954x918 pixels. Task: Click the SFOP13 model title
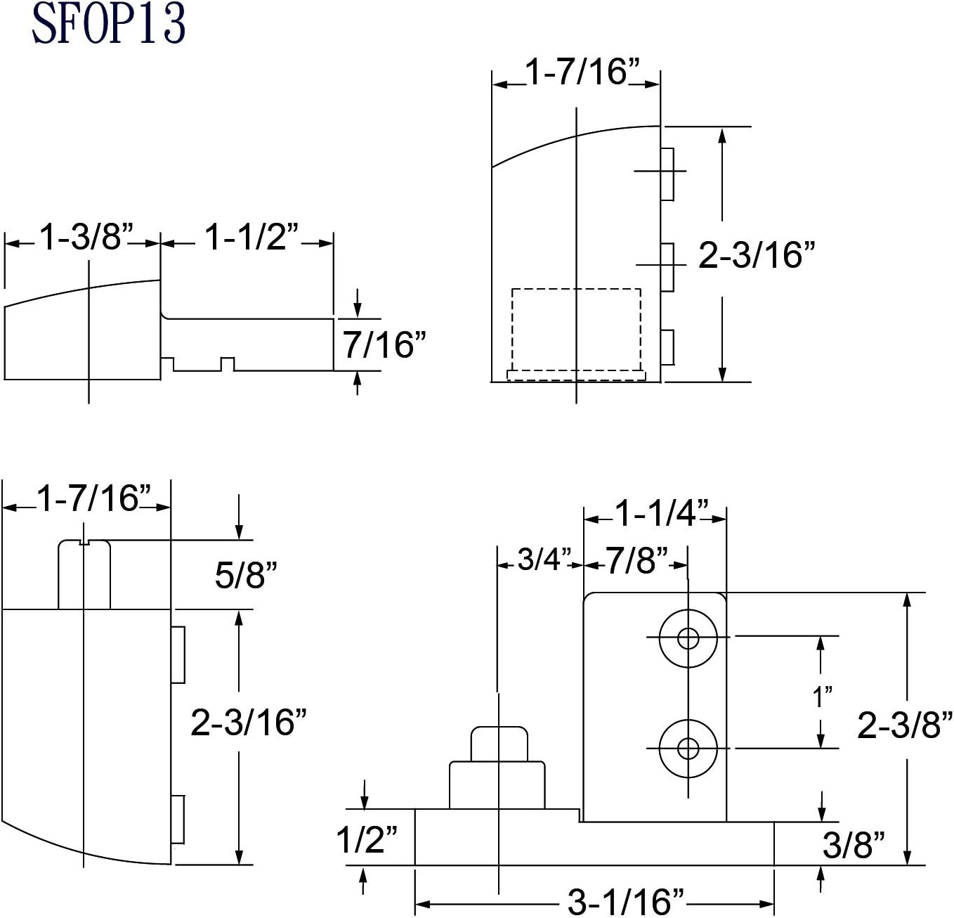108,25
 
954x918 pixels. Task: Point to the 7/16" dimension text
384,345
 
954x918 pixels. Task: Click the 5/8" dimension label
246,575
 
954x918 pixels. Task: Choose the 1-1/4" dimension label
661,513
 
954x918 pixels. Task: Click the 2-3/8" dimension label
898,725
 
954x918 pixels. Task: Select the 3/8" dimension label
854,844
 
